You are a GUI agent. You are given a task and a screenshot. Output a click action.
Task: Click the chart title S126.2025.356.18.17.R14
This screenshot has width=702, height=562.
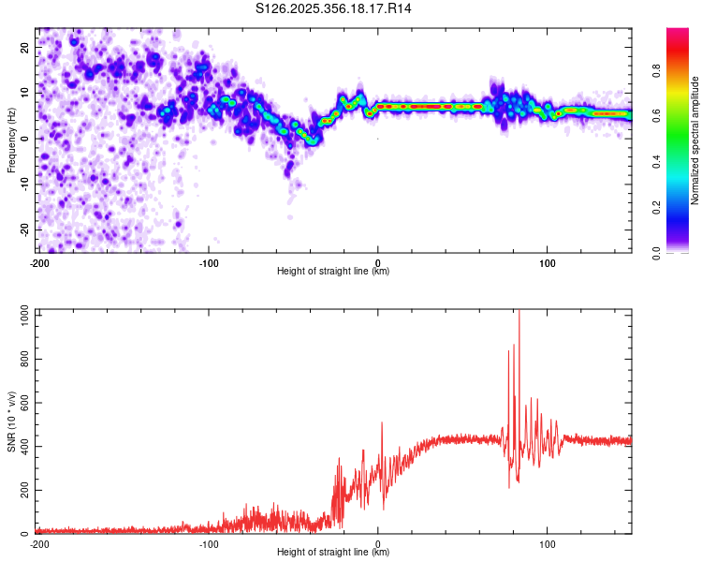pos(334,8)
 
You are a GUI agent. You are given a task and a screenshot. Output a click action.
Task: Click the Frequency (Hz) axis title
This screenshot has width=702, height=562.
pos(11,140)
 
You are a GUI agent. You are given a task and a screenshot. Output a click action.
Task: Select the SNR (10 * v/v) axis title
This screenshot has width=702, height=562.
pos(11,423)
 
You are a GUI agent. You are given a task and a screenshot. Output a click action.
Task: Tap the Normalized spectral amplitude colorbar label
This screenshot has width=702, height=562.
pos(695,140)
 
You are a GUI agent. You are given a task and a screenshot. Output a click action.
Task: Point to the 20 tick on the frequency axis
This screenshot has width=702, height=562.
pos(26,47)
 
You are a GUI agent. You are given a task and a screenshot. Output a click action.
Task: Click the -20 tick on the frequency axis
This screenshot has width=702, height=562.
pos(24,229)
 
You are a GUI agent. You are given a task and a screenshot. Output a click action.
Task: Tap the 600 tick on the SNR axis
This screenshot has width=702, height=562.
pos(23,403)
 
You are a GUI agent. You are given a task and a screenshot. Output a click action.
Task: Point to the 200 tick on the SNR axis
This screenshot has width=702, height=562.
pos(23,491)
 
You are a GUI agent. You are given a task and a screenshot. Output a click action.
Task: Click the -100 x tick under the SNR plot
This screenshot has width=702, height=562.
pos(208,543)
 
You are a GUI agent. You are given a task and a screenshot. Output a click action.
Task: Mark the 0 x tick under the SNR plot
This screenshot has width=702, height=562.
pos(378,543)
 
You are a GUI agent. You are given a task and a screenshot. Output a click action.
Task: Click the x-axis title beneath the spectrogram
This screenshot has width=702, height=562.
pos(333,272)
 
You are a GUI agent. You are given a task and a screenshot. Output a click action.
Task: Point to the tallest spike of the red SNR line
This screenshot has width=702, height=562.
pos(519,313)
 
